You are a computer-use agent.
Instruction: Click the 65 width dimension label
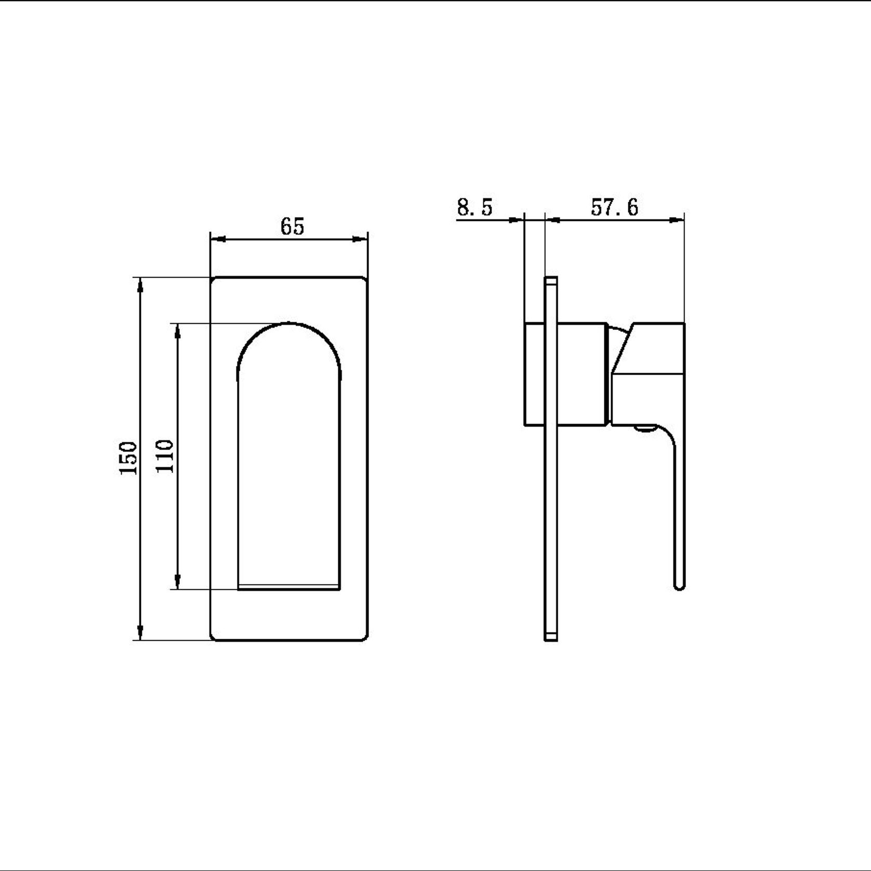[292, 226]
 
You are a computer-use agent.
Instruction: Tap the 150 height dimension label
[128, 458]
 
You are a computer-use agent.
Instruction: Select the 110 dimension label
[165, 456]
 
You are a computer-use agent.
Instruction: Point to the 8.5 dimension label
[474, 207]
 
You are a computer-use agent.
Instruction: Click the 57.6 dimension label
[614, 207]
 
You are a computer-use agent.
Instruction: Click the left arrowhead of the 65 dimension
[218, 239]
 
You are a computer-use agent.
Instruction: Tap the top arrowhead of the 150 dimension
[139, 286]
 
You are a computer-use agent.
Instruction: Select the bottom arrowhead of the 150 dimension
[139, 632]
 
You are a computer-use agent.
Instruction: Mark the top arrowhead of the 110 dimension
[178, 331]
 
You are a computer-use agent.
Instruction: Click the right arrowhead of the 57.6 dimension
[676, 220]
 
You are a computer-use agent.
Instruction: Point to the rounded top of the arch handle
[289, 324]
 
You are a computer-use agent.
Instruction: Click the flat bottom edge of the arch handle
[289, 587]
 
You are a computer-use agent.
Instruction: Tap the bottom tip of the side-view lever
[679, 586]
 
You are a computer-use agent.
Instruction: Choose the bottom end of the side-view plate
[551, 637]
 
